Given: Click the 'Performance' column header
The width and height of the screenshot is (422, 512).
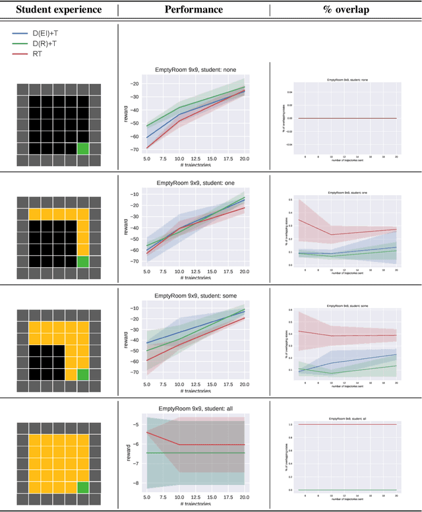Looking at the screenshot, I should point(193,10).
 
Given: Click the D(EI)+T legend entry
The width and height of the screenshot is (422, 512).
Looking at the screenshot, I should point(49,32).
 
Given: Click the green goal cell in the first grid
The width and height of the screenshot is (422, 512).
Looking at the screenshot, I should point(83,148).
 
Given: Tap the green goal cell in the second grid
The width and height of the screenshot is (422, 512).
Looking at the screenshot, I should point(83,262).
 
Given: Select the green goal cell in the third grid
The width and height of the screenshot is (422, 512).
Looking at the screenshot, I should point(83,375).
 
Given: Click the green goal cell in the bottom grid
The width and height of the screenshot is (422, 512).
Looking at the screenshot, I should point(83,488).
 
